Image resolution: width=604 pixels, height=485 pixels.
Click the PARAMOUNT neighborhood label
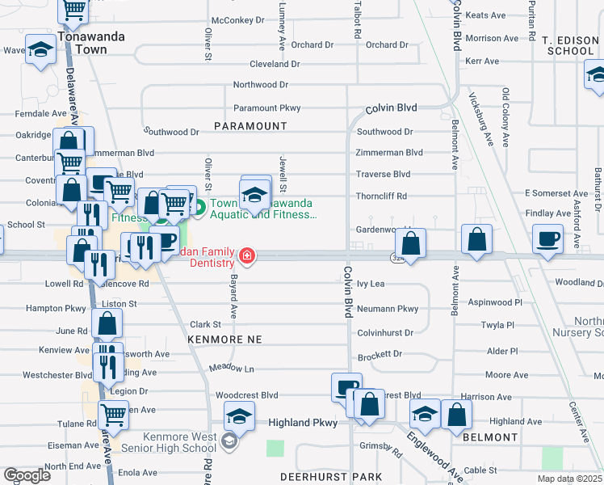click(x=250, y=126)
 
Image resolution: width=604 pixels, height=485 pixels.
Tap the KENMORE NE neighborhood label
click(x=225, y=340)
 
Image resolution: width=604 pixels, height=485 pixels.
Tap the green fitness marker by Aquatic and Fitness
click(x=199, y=208)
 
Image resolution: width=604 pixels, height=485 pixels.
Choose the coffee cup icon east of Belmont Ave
click(x=548, y=240)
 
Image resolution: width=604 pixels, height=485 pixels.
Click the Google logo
click(x=27, y=475)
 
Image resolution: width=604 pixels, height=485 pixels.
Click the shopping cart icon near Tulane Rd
click(x=113, y=415)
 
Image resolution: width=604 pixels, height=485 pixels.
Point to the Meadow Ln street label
click(x=232, y=369)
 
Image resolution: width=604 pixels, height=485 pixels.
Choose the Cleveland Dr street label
click(x=275, y=64)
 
